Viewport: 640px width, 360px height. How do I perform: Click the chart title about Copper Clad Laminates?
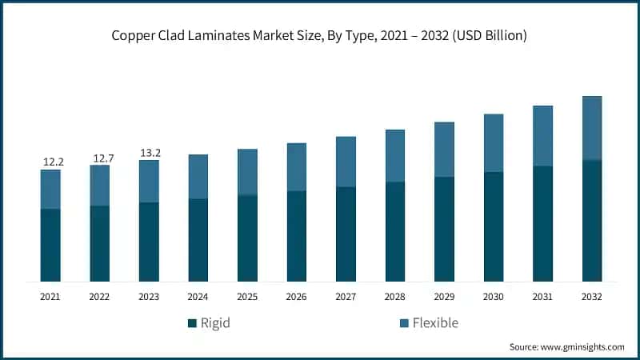(x=320, y=36)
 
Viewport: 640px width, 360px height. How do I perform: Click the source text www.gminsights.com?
(x=566, y=347)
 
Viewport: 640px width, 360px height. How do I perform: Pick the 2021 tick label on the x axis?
(x=50, y=296)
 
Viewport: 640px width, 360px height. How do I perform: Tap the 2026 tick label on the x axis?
(x=297, y=296)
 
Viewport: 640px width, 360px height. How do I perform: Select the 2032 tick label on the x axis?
(x=592, y=296)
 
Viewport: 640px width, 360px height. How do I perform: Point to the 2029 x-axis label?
(x=444, y=296)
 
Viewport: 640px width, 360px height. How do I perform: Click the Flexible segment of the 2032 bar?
(x=592, y=128)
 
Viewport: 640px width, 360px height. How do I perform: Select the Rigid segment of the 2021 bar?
(x=50, y=245)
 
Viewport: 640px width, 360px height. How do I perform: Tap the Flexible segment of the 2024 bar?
(x=198, y=176)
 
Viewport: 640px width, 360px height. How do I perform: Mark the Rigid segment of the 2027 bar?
(x=346, y=234)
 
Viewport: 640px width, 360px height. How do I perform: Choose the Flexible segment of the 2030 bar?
(x=494, y=142)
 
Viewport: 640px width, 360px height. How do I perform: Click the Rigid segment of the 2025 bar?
(x=247, y=238)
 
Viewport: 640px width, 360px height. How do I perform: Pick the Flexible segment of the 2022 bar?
(x=100, y=185)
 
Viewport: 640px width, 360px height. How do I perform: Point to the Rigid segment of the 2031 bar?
(x=543, y=223)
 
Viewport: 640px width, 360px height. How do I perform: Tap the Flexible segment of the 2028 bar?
(x=395, y=155)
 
